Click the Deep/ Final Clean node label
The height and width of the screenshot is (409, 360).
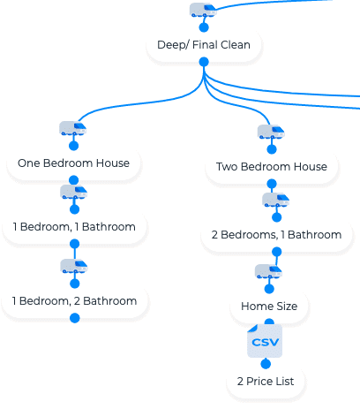pos(204,45)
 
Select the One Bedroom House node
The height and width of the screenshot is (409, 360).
pos(73,163)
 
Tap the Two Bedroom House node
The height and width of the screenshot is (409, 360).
pos(272,167)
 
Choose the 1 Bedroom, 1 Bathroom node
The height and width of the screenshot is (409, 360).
pos(74,227)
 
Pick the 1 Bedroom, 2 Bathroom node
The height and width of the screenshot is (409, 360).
pos(74,301)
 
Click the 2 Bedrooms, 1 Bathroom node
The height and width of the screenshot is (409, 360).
pos(276,235)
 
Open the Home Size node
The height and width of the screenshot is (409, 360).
pos(269,307)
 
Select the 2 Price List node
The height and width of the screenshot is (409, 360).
pos(266,382)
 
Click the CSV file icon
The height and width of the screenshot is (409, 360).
pos(265,341)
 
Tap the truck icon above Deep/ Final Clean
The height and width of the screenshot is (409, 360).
pos(203,10)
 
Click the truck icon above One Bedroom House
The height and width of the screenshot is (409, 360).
pos(72,128)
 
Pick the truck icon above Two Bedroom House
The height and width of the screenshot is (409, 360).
pos(271,132)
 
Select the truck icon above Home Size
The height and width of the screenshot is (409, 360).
pos(268,271)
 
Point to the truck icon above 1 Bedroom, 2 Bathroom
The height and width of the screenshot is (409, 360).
pos(74,266)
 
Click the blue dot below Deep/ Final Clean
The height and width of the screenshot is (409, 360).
pos(204,62)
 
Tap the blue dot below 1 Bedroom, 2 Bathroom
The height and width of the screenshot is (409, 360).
pos(75,318)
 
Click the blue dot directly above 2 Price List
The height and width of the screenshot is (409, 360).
pos(266,364)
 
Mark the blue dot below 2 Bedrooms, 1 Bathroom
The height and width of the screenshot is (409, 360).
pos(276,252)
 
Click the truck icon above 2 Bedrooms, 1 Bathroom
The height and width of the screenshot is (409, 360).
pos(275,200)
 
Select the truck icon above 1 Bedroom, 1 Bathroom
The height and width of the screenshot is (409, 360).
pos(74,192)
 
